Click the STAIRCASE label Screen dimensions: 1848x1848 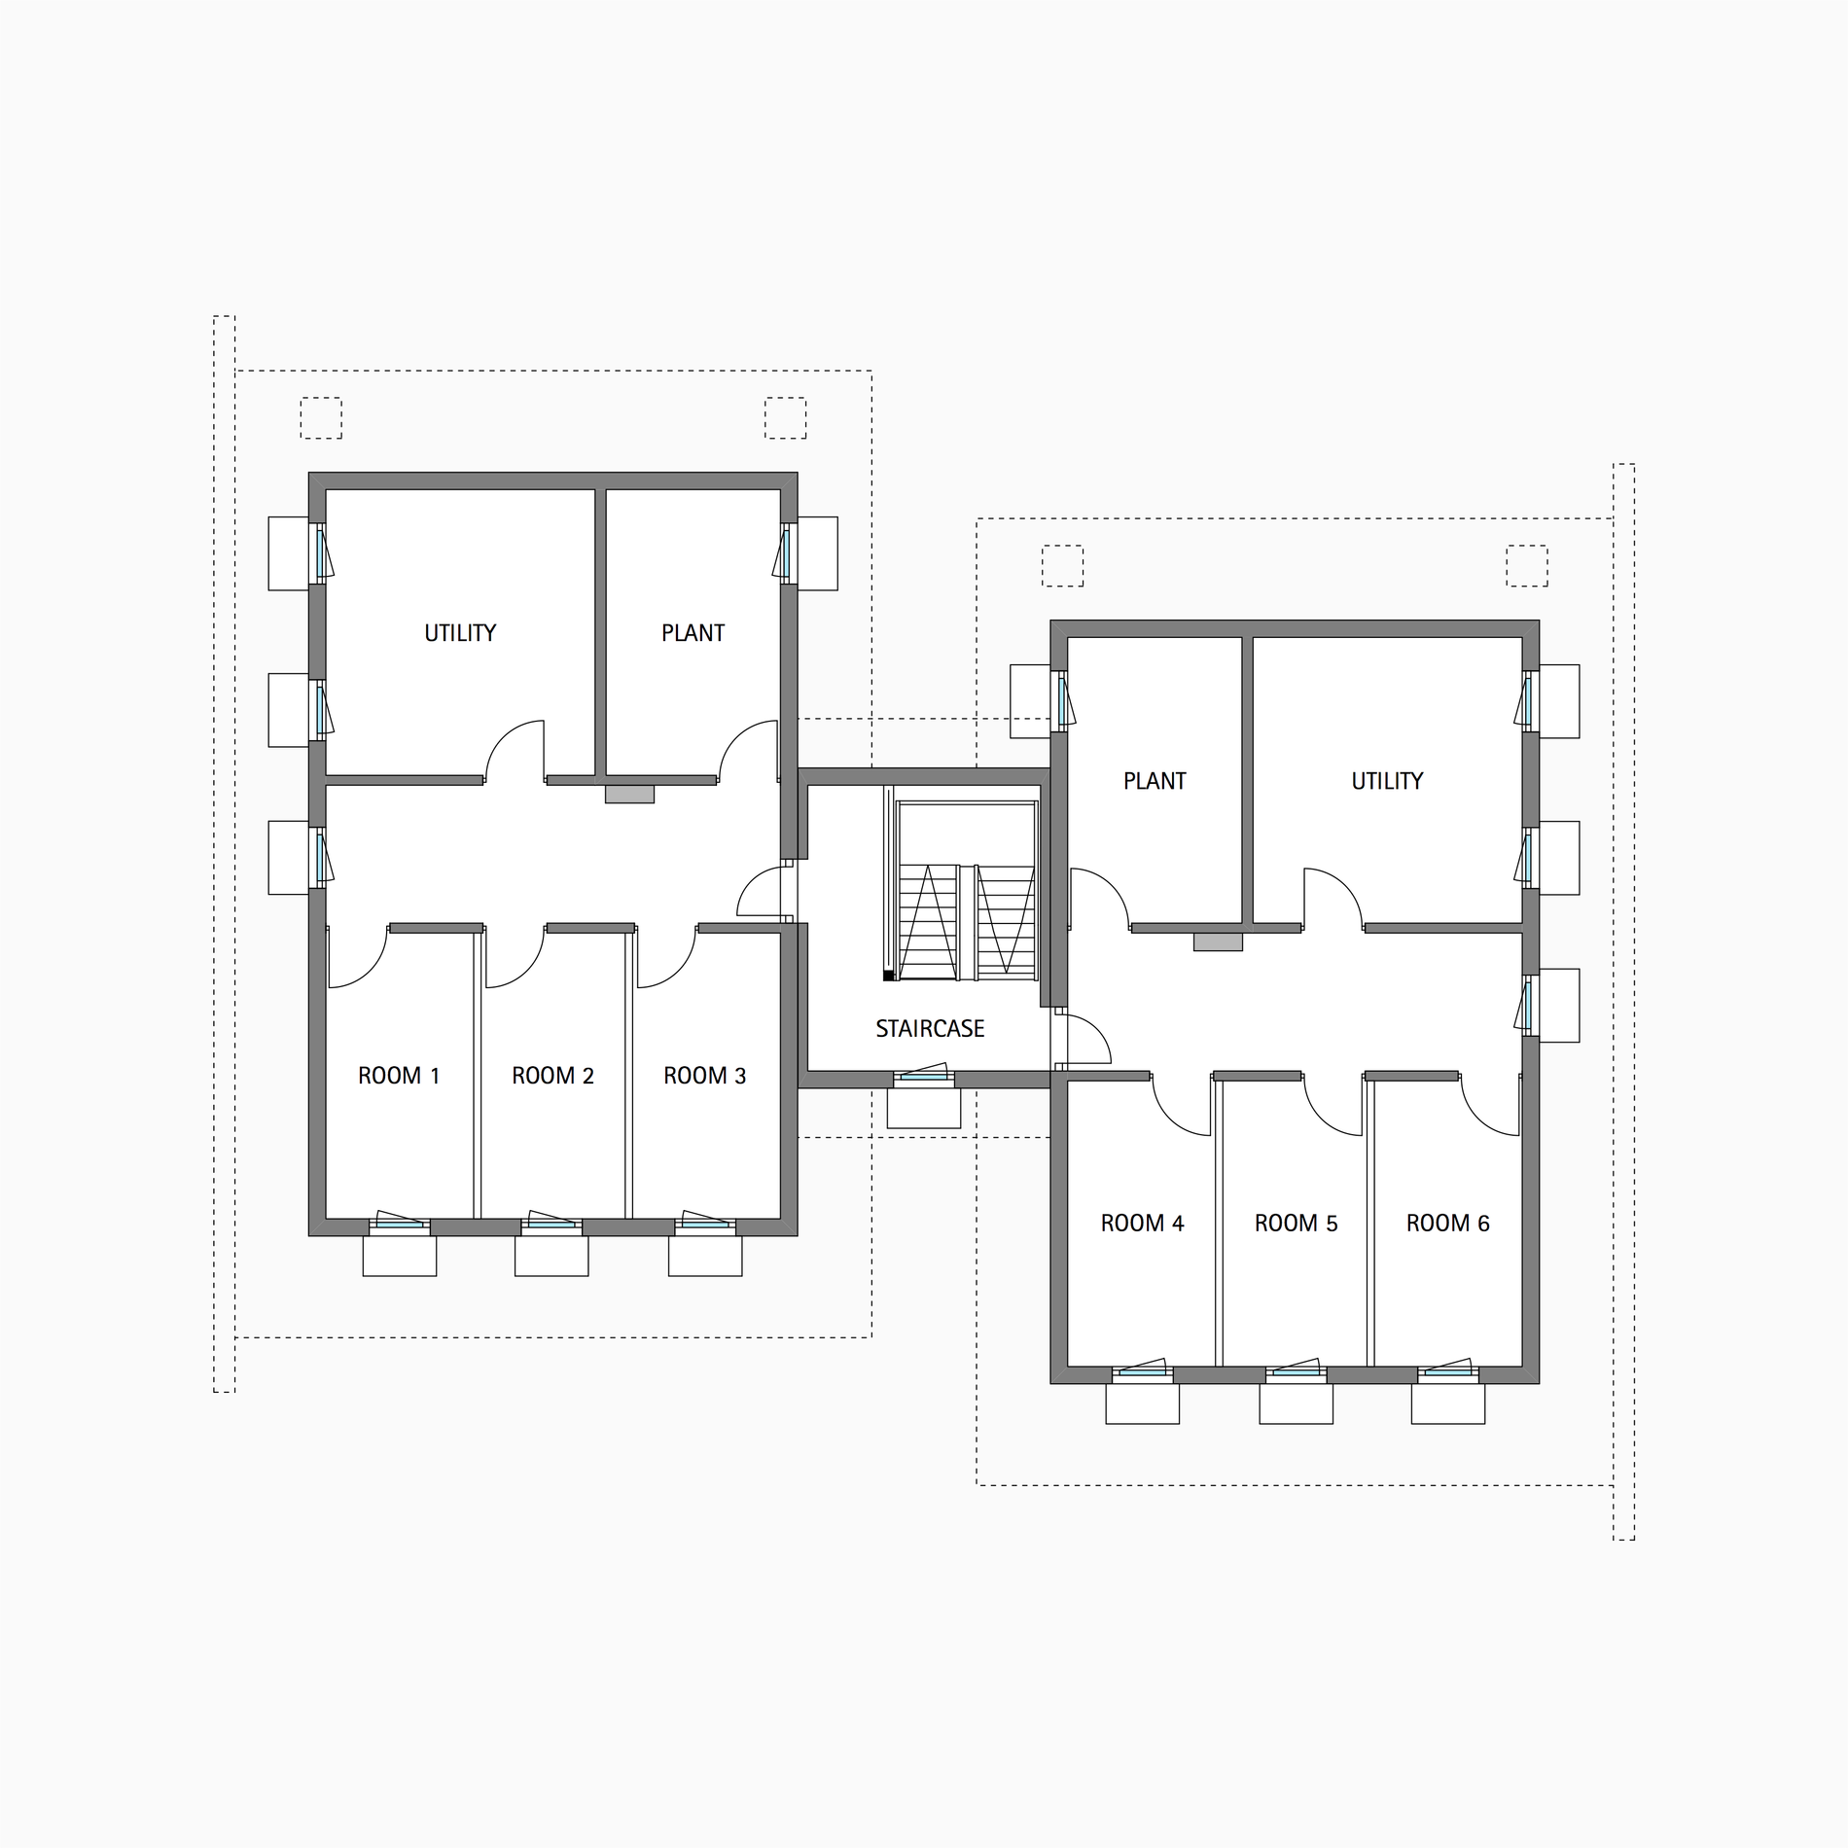930,1029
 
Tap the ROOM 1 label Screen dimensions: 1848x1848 399,1076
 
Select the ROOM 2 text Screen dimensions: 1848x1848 552,1076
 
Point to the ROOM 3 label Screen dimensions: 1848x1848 704,1076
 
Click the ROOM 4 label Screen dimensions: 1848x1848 1142,1224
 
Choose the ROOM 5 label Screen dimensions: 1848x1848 1296,1224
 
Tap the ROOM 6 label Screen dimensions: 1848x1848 1447,1224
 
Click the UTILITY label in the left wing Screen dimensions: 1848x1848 460,633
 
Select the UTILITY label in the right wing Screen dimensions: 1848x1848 1387,781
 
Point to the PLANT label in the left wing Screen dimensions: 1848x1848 693,633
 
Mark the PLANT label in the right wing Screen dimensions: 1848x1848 1155,781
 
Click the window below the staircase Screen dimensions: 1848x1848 924,1076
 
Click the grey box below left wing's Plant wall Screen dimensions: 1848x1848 629,795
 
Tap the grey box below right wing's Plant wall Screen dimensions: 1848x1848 1218,942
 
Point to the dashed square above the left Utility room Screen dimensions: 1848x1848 321,418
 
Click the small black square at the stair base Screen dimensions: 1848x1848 888,975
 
